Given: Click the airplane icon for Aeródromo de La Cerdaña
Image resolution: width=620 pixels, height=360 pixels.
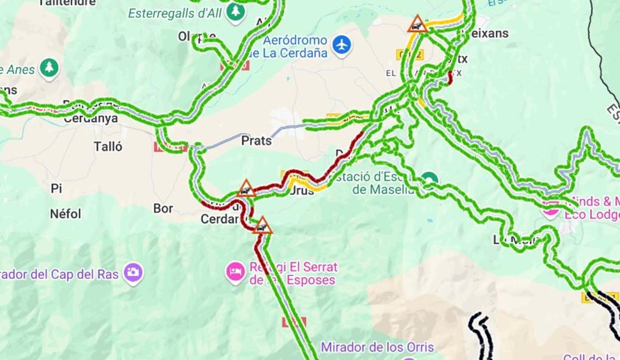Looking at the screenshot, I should [342, 45].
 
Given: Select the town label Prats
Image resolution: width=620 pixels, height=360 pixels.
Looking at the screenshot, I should [257, 140].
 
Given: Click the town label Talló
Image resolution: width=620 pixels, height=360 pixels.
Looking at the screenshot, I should [109, 147].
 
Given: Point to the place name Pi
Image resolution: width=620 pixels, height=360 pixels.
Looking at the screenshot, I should [56, 189].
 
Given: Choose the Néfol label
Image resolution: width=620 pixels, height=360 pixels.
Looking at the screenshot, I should [66, 213].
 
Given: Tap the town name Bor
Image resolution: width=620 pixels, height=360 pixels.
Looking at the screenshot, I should [163, 209].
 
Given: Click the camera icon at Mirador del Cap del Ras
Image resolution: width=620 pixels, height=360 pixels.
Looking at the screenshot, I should [133, 273].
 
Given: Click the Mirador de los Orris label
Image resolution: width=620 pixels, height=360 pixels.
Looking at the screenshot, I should [377, 347].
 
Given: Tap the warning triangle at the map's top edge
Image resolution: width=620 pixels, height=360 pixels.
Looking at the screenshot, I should [417, 24].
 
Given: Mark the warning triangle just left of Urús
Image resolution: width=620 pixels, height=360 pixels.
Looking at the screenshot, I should [246, 189].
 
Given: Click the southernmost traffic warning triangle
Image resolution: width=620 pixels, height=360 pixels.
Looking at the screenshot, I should [262, 226].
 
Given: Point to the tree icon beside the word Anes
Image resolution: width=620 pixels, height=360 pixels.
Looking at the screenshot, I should [49, 68].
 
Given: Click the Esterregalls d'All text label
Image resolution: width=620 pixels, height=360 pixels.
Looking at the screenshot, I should [175, 13].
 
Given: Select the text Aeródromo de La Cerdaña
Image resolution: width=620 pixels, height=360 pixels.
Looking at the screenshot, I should [296, 46].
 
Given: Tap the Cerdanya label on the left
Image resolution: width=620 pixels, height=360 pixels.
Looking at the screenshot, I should [91, 119].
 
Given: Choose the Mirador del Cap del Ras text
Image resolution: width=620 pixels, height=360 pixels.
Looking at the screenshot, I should [59, 274].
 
